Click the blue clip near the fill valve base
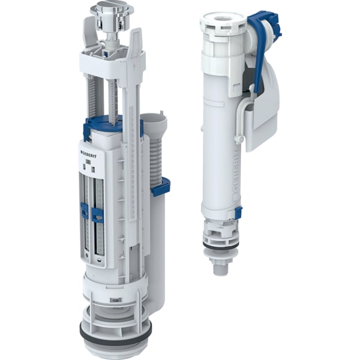(238, 212)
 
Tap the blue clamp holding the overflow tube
(160, 187)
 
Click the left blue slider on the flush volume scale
(85, 211)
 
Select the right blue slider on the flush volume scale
(98, 214)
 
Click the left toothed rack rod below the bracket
(92, 96)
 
